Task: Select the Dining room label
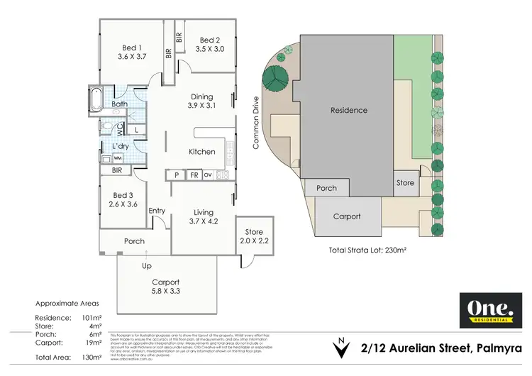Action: tap(201, 97)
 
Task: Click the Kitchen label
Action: tap(201, 152)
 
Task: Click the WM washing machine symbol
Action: tap(117, 157)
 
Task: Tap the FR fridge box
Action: tap(194, 175)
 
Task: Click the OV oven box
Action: tap(208, 175)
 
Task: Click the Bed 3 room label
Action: tap(122, 195)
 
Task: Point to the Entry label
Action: tap(157, 211)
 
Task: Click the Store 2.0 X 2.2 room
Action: tap(254, 236)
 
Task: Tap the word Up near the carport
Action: tap(148, 265)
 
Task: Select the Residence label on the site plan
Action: tap(349, 110)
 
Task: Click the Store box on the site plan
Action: tap(405, 183)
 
